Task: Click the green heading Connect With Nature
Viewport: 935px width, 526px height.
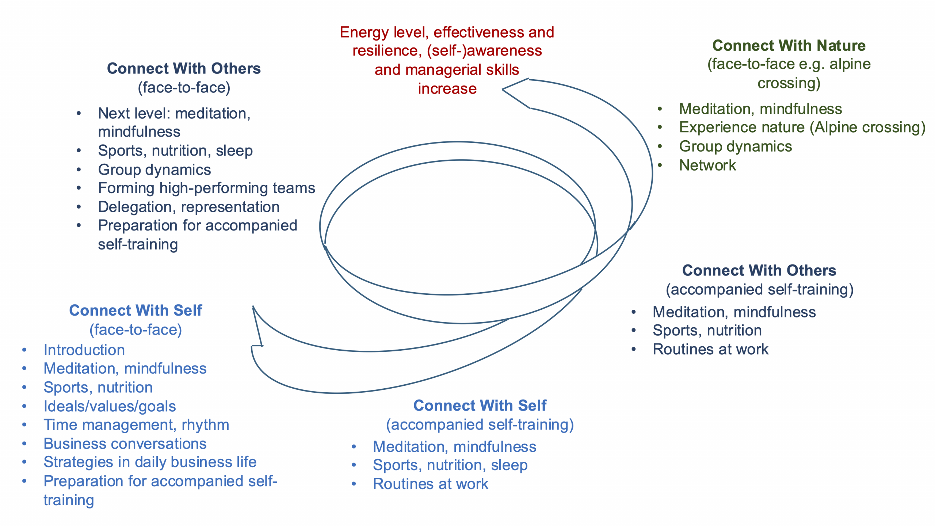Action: (x=789, y=46)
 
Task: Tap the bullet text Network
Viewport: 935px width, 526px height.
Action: (x=707, y=165)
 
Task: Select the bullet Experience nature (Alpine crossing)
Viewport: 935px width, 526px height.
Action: (x=802, y=127)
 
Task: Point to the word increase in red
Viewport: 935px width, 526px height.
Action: (x=447, y=89)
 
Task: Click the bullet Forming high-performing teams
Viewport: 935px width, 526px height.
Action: (x=206, y=188)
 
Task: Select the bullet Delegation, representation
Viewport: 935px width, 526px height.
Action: (x=188, y=207)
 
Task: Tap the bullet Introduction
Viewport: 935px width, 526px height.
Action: (x=84, y=350)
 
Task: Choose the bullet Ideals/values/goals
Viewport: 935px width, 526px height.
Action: (x=110, y=406)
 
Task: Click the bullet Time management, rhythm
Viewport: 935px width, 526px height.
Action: (x=136, y=425)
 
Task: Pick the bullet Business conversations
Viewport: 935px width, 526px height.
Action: (x=125, y=444)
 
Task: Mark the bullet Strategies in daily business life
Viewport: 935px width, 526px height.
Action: (x=150, y=462)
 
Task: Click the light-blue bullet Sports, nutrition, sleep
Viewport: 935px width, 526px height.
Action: (x=450, y=465)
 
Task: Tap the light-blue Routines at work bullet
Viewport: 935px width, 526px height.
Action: (x=430, y=484)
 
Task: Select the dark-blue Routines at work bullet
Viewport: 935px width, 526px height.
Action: (x=710, y=349)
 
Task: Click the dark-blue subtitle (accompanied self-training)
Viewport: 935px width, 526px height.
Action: (x=759, y=289)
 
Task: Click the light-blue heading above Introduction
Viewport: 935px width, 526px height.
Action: (x=136, y=310)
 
